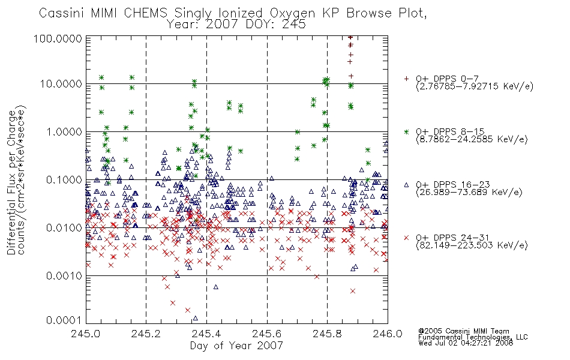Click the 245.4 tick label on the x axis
[206, 333]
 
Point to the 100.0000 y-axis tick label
[58, 38]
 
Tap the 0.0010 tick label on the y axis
[64, 276]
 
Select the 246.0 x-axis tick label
[388, 333]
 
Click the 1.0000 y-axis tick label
[64, 131]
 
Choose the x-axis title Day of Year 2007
[236, 345]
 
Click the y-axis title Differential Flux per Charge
[11, 182]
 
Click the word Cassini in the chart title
[62, 13]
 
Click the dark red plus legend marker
[406, 79]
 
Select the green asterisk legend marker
[406, 131]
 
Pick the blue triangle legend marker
[406, 185]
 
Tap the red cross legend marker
[406, 238]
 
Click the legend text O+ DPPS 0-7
[447, 79]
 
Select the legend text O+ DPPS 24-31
[452, 238]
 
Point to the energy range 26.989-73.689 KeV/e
[469, 193]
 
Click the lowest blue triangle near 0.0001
[195, 318]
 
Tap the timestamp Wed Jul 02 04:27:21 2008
[466, 343]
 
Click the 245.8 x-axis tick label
[327, 333]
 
